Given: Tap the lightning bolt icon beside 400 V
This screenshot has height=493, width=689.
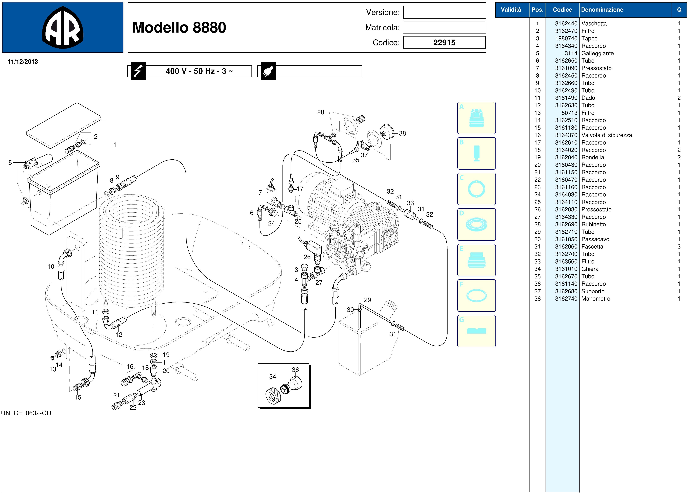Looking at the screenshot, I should [138, 71].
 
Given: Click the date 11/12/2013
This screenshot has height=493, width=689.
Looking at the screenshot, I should [23, 62].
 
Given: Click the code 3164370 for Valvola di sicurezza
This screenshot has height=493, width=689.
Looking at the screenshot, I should [566, 135].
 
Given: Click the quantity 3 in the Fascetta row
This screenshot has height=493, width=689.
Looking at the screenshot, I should [679, 246].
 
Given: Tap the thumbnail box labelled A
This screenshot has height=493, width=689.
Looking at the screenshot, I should [476, 118].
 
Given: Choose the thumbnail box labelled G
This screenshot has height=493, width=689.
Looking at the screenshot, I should [476, 331].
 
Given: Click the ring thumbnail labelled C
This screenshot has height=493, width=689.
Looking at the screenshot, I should [476, 189].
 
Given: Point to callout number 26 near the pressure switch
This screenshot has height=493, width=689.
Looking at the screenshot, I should [307, 257].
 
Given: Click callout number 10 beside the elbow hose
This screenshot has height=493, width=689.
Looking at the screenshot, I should [51, 267].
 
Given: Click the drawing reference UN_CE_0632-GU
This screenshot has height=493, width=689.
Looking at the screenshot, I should [26, 413].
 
